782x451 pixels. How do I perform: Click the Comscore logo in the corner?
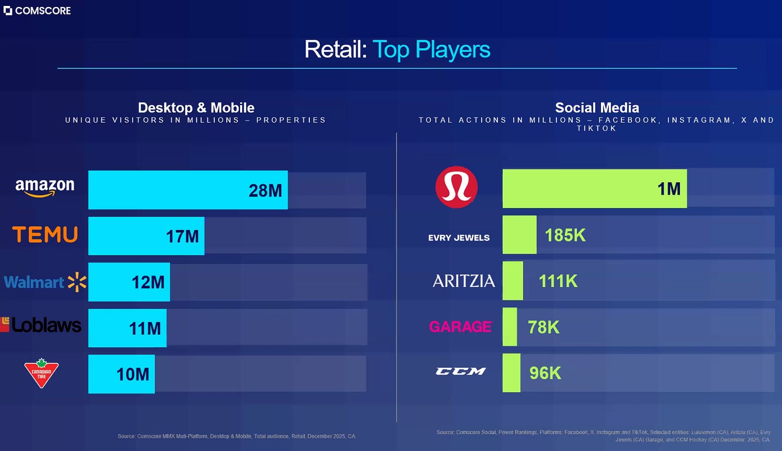[37, 11]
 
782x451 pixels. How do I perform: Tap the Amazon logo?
[45, 188]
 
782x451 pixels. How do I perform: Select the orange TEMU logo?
[45, 234]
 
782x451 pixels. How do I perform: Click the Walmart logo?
[45, 282]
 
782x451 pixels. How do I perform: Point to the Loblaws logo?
[41, 325]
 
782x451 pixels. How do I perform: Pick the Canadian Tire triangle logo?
[41, 373]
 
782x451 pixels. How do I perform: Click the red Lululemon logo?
[457, 187]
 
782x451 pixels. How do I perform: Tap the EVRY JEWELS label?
[459, 238]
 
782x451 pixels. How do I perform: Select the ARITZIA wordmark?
[464, 281]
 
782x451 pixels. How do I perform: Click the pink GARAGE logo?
[460, 327]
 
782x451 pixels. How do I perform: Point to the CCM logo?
[460, 371]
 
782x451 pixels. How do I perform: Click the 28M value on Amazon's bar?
[265, 191]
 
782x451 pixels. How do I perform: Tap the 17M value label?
[182, 237]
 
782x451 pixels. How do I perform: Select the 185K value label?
[565, 235]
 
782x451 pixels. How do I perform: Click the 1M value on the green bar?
[669, 189]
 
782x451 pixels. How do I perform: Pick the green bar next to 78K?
[510, 327]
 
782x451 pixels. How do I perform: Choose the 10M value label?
[133, 375]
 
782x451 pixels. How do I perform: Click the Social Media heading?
[597, 108]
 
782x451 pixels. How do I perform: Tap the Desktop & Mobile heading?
[196, 108]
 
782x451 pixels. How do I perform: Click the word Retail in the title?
[336, 49]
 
